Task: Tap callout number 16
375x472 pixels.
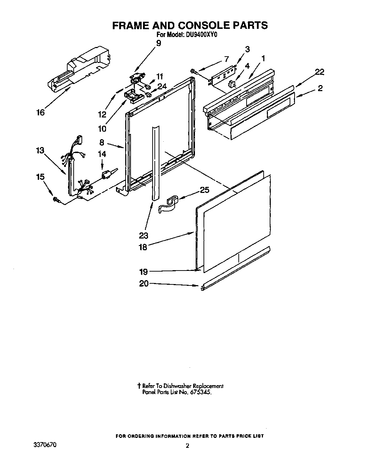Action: point(41,112)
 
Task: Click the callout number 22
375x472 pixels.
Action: point(319,72)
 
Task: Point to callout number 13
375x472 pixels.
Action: point(40,150)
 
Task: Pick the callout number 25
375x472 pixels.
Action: point(205,190)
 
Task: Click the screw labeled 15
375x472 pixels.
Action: point(56,200)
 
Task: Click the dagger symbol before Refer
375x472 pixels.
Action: point(139,386)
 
